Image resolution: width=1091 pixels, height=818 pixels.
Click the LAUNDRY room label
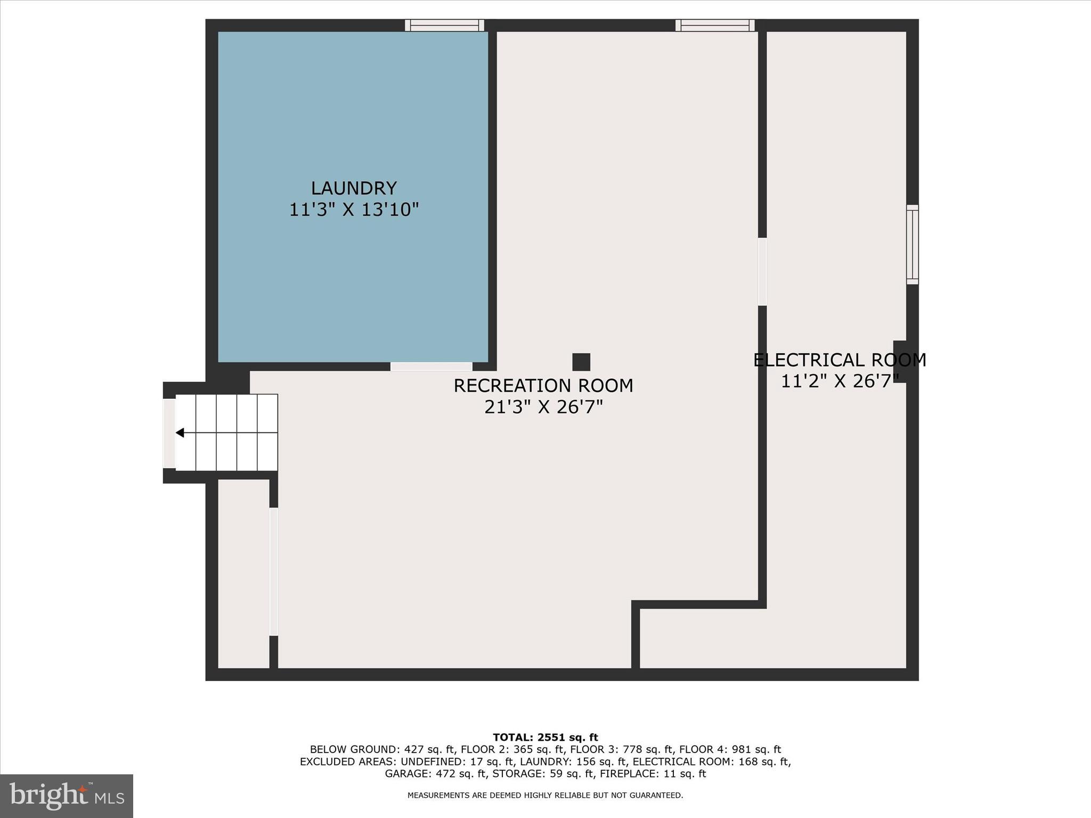pos(354,189)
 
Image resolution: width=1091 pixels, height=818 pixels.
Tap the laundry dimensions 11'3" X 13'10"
pos(354,210)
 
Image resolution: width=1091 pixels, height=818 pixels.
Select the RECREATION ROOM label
pos(543,386)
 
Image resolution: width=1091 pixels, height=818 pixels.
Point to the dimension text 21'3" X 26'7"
pos(543,407)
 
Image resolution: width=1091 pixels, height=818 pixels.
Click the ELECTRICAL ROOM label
pos(840,361)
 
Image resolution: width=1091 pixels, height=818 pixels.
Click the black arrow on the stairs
pos(180,432)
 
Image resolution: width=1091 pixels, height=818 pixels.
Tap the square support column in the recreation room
pos(581,362)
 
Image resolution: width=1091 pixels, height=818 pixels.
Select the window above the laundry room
pos(444,25)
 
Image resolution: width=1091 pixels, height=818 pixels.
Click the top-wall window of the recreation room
pos(715,25)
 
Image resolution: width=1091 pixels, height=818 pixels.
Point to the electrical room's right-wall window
pos(912,244)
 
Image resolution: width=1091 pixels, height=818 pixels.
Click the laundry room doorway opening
pos(431,366)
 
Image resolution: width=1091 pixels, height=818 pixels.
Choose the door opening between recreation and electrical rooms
pos(762,272)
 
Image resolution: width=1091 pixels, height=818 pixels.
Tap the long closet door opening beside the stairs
pos(273,571)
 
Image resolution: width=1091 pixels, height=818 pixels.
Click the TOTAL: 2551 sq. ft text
pos(545,738)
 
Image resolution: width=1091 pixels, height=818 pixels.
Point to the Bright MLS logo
pos(67,796)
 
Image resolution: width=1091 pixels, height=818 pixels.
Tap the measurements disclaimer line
pos(545,796)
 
